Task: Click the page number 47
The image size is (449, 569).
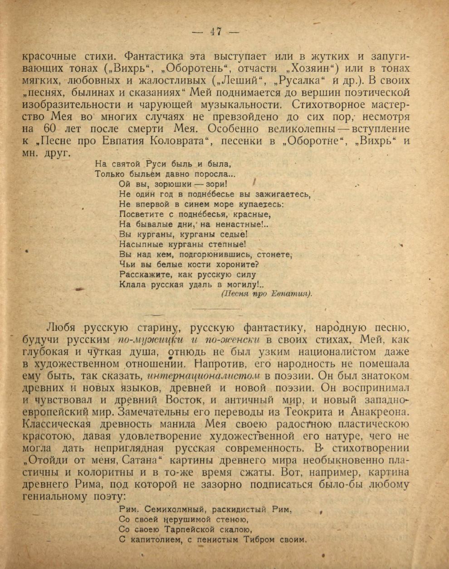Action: click(215, 32)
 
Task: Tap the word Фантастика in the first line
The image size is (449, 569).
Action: click(154, 57)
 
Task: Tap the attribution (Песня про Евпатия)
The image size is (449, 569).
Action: click(266, 294)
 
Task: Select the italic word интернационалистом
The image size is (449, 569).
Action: click(204, 376)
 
